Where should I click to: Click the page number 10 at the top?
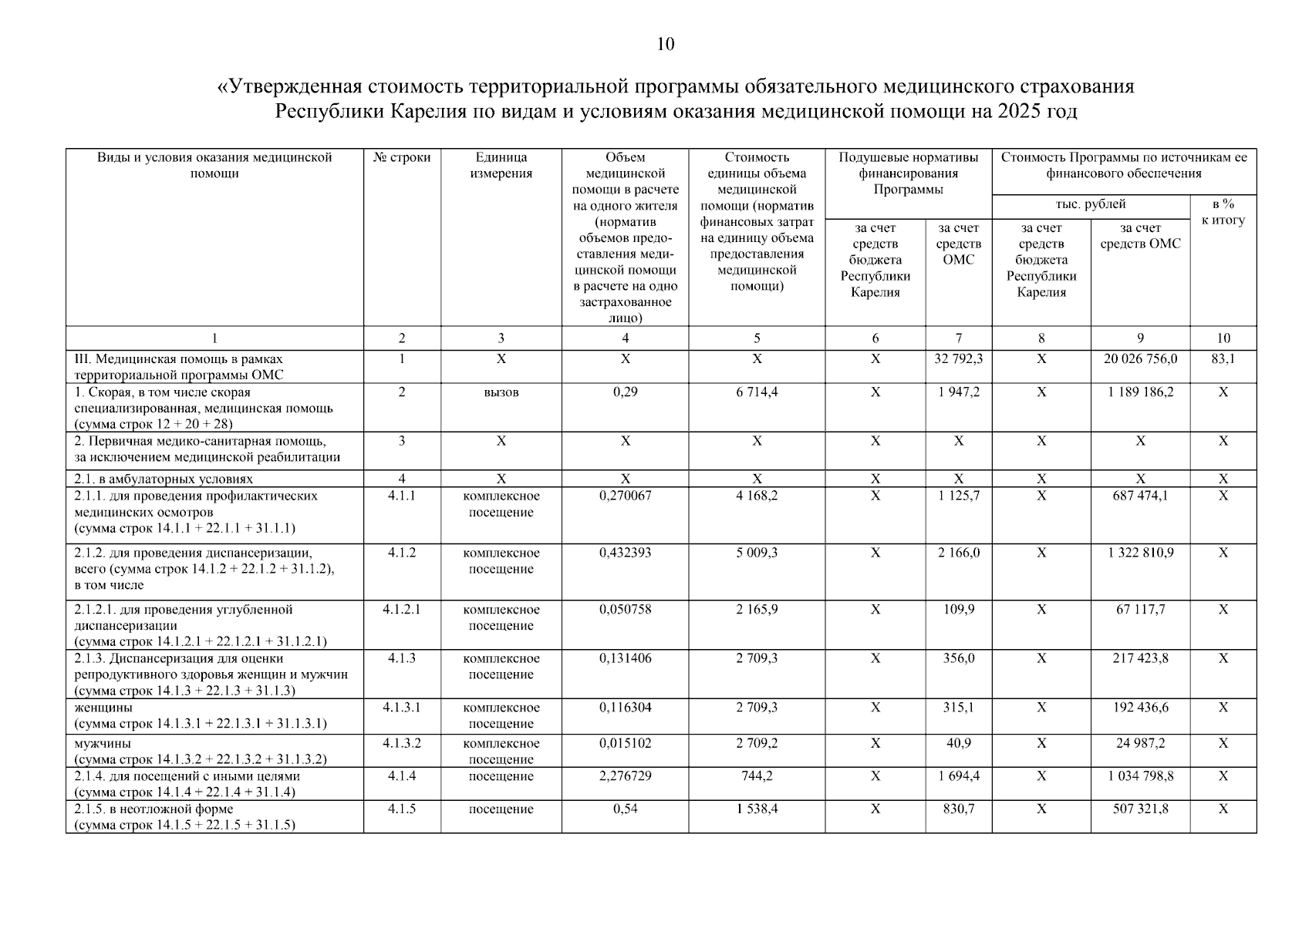pyautogui.click(x=665, y=45)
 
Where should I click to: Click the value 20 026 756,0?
pyautogui.click(x=1139, y=359)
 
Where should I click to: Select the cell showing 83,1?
pyautogui.click(x=1223, y=359)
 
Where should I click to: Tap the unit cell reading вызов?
pyautogui.click(x=501, y=392)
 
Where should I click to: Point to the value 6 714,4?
pyautogui.click(x=757, y=392)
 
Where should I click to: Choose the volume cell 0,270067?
pyautogui.click(x=625, y=496)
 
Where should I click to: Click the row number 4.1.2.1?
pyautogui.click(x=402, y=610)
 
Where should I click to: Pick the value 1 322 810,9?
pyautogui.click(x=1139, y=553)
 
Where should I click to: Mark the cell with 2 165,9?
pyautogui.click(x=757, y=610)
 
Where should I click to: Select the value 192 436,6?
pyautogui.click(x=1139, y=708)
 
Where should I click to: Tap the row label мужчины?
pyautogui.click(x=103, y=744)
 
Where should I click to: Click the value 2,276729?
pyautogui.click(x=625, y=776)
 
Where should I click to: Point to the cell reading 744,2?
pyautogui.click(x=757, y=776)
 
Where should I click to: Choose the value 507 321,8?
pyautogui.click(x=1139, y=809)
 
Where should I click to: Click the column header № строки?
pyautogui.click(x=402, y=158)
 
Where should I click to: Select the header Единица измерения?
pyautogui.click(x=501, y=166)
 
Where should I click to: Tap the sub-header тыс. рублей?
pyautogui.click(x=1090, y=204)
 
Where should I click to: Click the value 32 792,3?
pyautogui.click(x=959, y=359)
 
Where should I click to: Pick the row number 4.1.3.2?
pyautogui.click(x=402, y=744)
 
